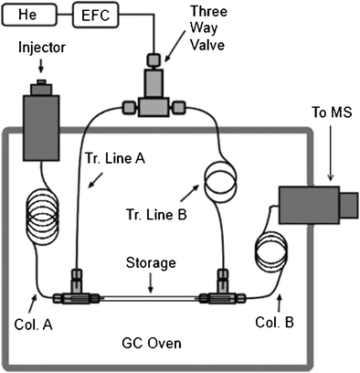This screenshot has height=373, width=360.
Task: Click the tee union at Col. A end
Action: (76, 297)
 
